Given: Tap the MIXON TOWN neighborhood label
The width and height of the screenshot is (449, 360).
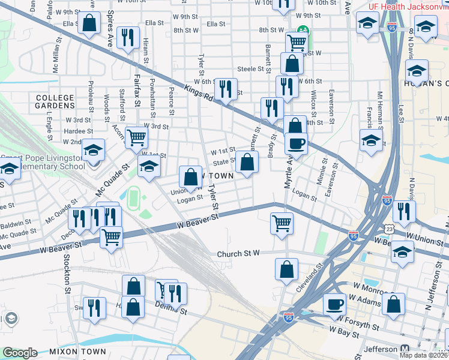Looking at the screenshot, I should pos(77,352).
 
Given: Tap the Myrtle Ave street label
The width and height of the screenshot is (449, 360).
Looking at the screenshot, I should pos(286,169).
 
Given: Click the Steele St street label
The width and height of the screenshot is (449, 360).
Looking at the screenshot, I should pos(251,69).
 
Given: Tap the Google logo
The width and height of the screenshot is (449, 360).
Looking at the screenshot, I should pos(20,352).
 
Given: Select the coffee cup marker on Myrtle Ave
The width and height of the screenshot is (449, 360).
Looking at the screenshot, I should pos(295,144).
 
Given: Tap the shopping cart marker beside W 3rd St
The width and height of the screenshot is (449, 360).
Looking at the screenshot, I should pos(137,137).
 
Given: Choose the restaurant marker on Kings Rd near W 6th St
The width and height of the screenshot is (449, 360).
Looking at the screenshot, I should pos(226,89).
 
